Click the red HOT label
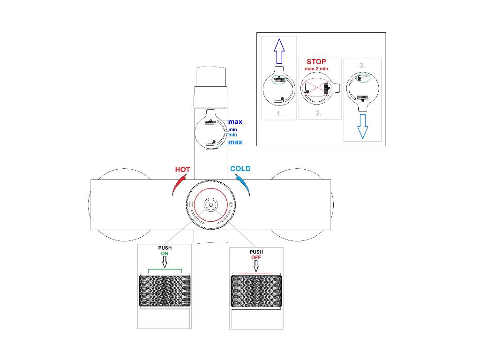(x=182, y=169)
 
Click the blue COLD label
(x=240, y=169)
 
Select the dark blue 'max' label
(x=235, y=122)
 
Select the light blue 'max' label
(x=235, y=142)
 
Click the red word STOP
(x=316, y=62)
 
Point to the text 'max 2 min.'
(x=317, y=69)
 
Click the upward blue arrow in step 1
(x=279, y=51)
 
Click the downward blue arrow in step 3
(x=362, y=125)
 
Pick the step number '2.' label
(x=319, y=113)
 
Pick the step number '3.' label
(x=362, y=66)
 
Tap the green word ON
(x=165, y=254)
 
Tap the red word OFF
(x=256, y=258)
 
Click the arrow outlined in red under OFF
(x=256, y=266)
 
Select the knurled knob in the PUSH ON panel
(x=165, y=291)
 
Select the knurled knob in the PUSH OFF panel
(x=256, y=291)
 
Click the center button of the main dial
(x=210, y=205)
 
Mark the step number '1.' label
(x=279, y=114)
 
